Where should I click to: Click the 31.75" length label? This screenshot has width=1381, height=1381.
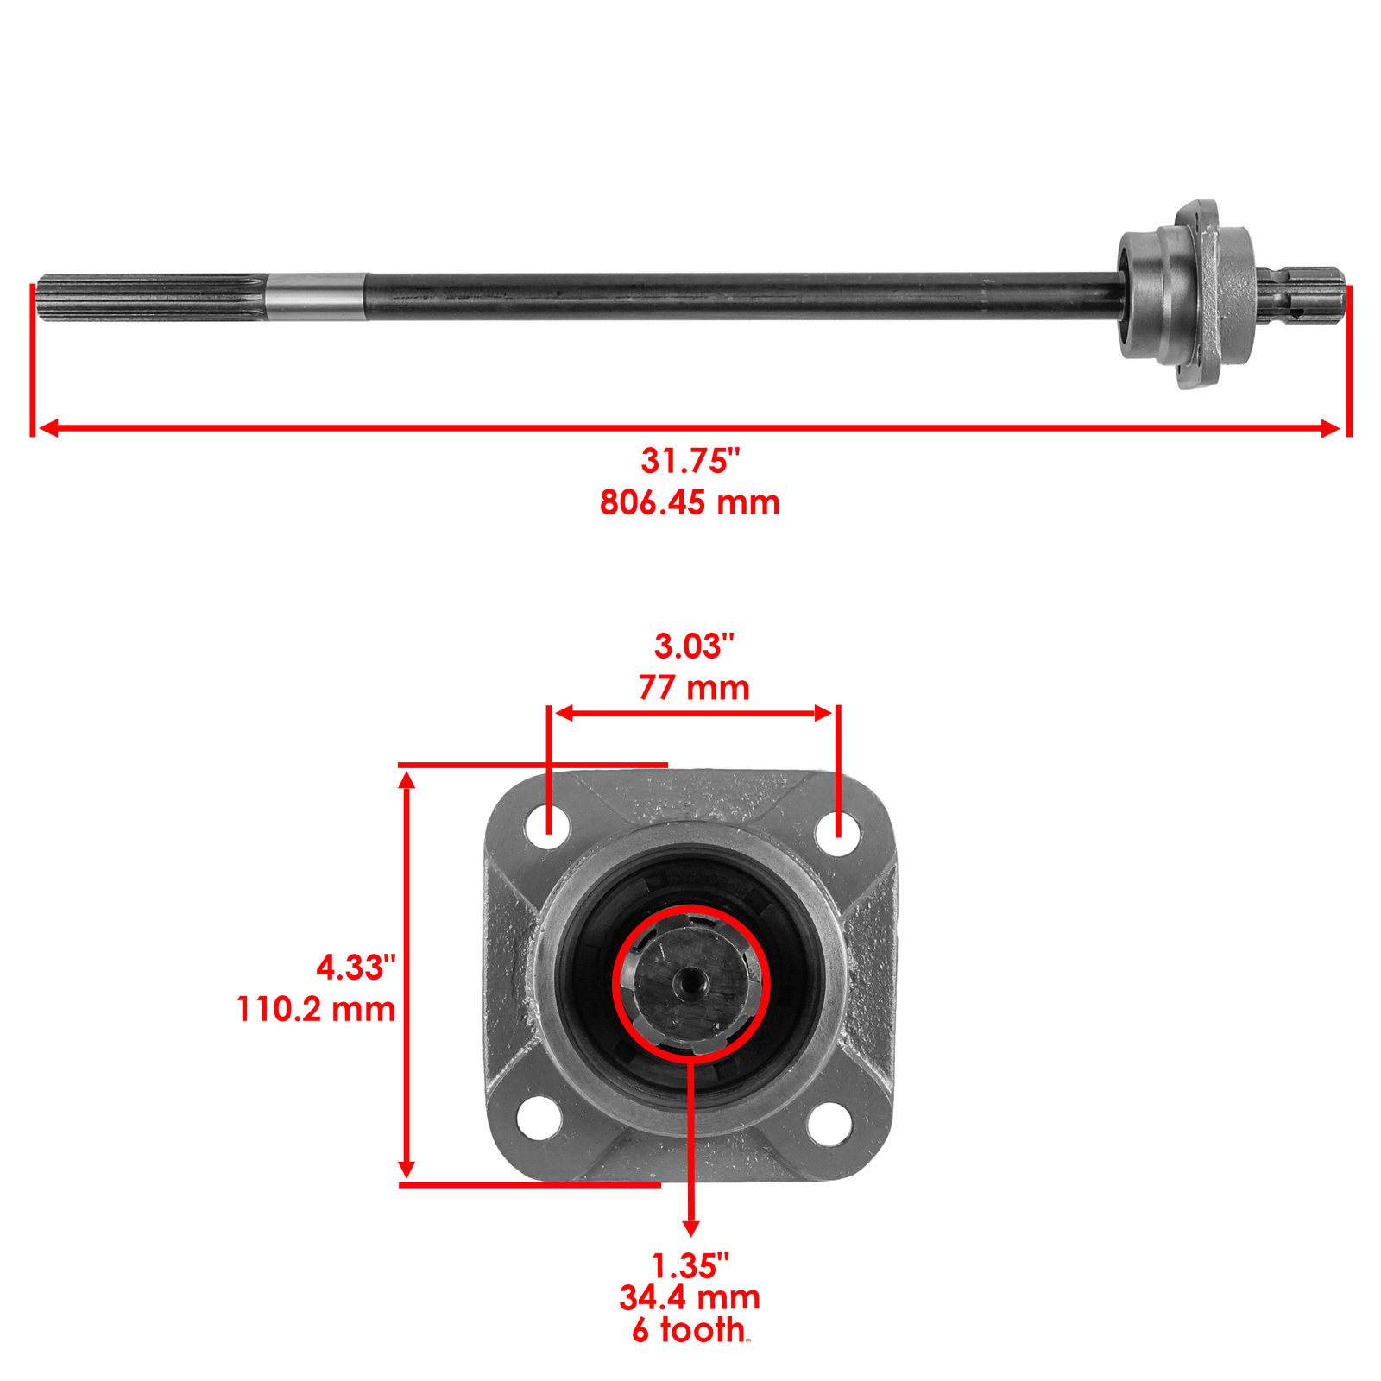tap(690, 461)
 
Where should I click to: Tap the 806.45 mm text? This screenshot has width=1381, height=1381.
tap(690, 502)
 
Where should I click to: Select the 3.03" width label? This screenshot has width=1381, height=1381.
tap(693, 646)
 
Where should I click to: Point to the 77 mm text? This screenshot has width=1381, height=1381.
tap(693, 688)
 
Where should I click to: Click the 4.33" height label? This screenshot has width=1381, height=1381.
tap(356, 967)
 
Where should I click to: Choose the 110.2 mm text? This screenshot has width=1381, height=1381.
tap(316, 1009)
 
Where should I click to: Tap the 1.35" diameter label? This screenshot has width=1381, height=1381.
tap(690, 1266)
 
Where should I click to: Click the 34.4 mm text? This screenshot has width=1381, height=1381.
tap(690, 1297)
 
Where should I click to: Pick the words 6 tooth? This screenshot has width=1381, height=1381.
tap(688, 1330)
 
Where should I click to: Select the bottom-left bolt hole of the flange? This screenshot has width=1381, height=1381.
tap(539, 1118)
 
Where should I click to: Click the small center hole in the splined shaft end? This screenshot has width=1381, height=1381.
tap(689, 981)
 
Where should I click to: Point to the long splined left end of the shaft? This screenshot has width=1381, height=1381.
tap(151, 297)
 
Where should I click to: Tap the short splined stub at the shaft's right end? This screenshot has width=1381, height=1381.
tap(1302, 296)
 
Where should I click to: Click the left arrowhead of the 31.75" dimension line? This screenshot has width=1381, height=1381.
tap(47, 428)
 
